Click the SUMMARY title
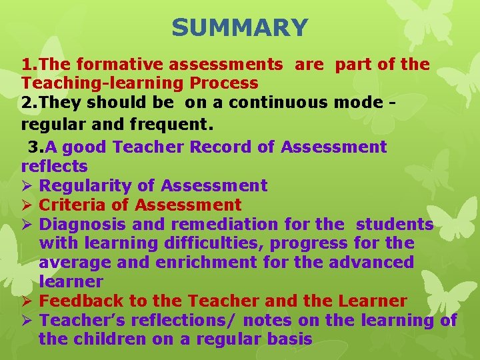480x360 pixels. coord(240,28)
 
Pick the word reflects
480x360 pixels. coord(55,165)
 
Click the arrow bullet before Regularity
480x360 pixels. coord(27,185)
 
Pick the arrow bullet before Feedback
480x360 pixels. coord(27,301)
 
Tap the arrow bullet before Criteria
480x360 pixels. coord(27,205)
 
